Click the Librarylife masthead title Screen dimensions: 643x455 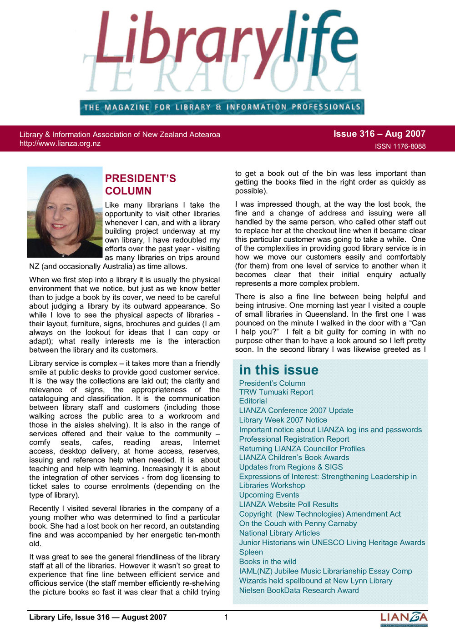pyautogui.click(x=226, y=41)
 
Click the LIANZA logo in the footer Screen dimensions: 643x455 pyautogui.click(x=404, y=618)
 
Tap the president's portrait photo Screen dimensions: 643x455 pyautogui.click(x=65, y=212)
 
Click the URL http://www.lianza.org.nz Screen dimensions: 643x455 pyautogui.click(x=60, y=144)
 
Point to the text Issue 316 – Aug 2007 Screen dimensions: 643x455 pyautogui.click(x=379, y=134)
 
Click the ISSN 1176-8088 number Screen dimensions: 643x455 pyautogui.click(x=400, y=146)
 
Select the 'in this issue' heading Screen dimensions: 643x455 pyautogui.click(x=278, y=370)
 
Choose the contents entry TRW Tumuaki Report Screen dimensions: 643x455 pyautogui.click(x=276, y=392)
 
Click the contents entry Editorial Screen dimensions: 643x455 pyautogui.click(x=253, y=401)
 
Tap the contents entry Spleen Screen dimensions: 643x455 pyautogui.click(x=251, y=552)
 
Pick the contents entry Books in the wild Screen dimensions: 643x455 pyautogui.click(x=268, y=562)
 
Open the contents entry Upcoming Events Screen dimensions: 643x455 pyautogui.click(x=269, y=495)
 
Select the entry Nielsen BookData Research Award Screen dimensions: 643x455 pyautogui.click(x=299, y=590)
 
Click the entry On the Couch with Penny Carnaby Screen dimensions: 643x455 pyautogui.click(x=298, y=523)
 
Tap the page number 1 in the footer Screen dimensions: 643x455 pyautogui.click(x=226, y=617)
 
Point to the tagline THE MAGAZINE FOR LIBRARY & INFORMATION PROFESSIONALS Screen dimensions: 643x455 pyautogui.click(x=222, y=107)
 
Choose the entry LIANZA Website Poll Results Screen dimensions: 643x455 pyautogui.click(x=288, y=504)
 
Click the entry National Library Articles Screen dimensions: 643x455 pyautogui.click(x=279, y=533)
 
